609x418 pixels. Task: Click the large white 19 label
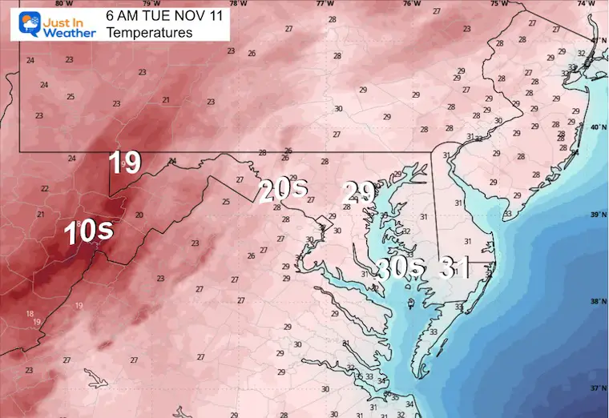[x=125, y=162]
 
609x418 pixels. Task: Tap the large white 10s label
[x=88, y=231]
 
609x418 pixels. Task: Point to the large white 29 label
[x=359, y=191]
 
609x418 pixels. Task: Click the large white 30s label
[x=400, y=269]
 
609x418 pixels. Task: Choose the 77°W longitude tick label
[x=324, y=4]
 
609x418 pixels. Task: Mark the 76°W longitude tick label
[x=411, y=4]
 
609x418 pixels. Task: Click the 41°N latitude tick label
[x=598, y=40]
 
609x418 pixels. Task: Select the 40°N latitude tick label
[x=598, y=127]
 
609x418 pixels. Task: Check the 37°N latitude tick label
[x=598, y=388]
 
